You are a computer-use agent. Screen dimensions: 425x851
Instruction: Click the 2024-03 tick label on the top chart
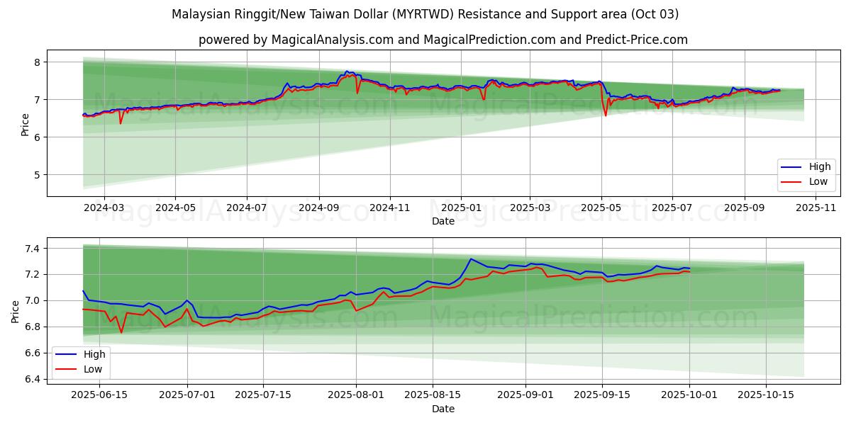[104, 209]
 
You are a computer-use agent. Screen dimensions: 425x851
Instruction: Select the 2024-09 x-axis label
[318, 209]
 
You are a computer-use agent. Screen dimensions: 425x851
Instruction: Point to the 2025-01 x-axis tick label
[461, 209]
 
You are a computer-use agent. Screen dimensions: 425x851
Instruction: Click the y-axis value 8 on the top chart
[37, 62]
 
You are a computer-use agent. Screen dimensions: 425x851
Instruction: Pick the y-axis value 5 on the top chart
[37, 174]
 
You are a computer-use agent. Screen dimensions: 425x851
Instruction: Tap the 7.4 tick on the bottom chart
[31, 249]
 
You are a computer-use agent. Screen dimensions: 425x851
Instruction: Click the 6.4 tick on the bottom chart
[31, 379]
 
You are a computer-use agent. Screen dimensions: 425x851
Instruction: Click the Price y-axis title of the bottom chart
[16, 311]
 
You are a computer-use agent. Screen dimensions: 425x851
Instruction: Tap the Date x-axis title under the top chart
[443, 222]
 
